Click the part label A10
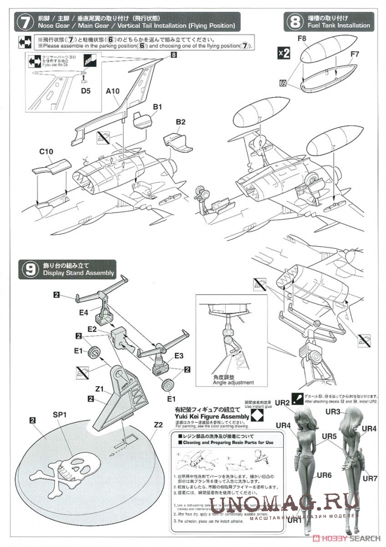[x=113, y=92]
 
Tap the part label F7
[x=354, y=54]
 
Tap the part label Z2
[x=159, y=425]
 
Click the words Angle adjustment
[x=232, y=383]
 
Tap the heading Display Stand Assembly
[x=75, y=273]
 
